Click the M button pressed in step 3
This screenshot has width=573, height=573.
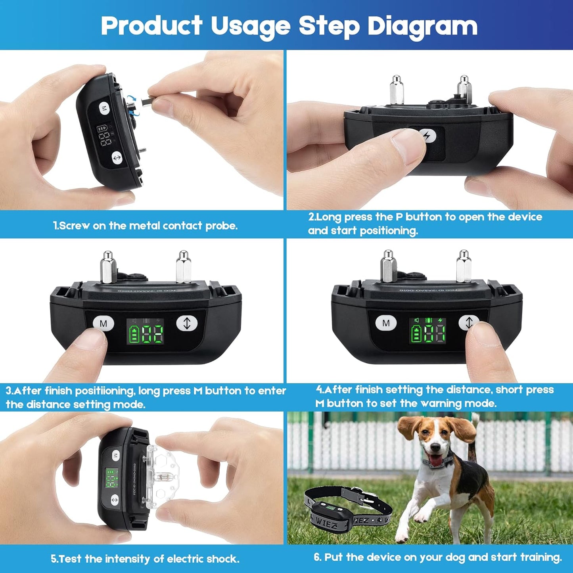103,324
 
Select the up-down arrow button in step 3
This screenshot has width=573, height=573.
187,323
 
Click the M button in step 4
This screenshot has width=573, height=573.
386,323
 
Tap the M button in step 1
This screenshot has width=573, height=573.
104,108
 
